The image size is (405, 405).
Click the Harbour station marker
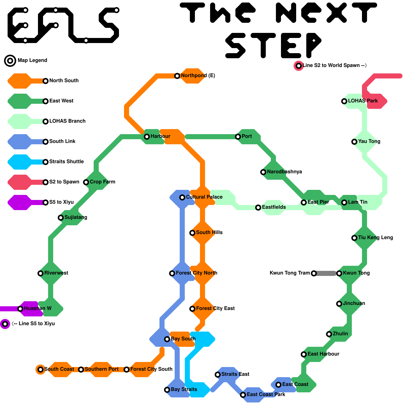[147, 137]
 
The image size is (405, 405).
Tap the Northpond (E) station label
[198, 75]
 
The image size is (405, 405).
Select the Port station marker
[238, 137]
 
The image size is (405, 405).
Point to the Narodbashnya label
[285, 172]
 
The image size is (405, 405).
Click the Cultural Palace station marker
[182, 197]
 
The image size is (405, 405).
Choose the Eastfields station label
[274, 207]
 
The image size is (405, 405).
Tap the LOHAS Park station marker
[344, 101]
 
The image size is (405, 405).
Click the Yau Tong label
[369, 141]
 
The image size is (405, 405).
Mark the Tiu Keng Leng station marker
[354, 238]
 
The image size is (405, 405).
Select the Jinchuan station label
[354, 303]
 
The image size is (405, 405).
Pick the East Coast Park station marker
[243, 395]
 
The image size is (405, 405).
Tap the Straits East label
[235, 374]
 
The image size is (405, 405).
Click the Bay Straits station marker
[167, 390]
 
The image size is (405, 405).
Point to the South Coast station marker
[40, 370]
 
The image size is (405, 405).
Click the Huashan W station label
[38, 308]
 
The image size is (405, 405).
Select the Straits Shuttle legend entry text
[67, 161]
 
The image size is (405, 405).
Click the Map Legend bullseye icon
[10, 61]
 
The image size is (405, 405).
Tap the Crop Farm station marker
[86, 182]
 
